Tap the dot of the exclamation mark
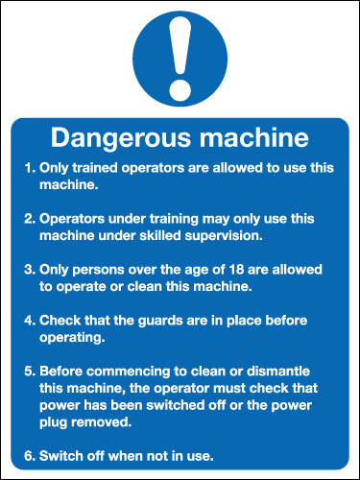pos(180,91)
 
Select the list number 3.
pos(28,271)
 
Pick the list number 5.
pos(28,372)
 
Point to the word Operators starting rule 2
pos(73,219)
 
